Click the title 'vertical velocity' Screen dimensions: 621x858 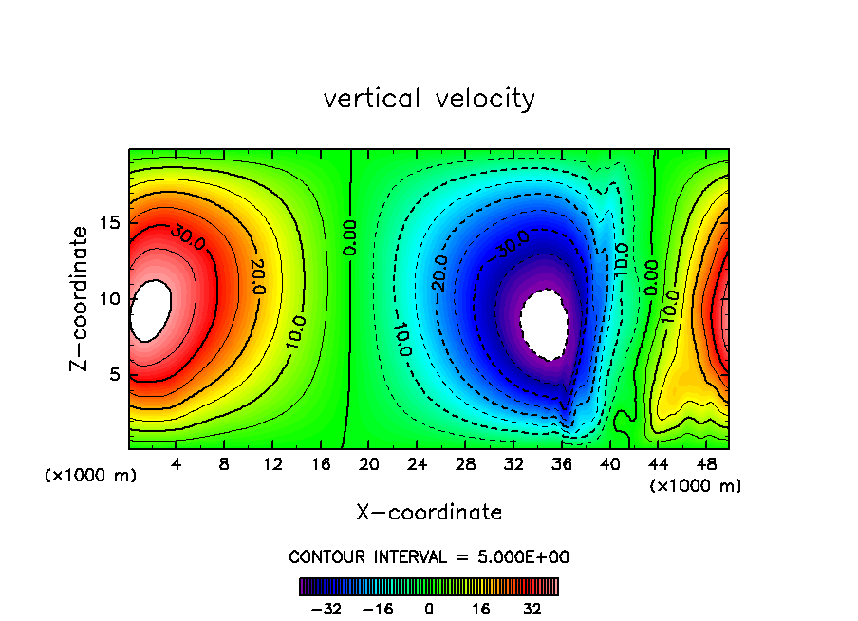[429, 99]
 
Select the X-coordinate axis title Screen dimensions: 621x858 [429, 513]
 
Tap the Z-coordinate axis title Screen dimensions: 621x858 [83, 298]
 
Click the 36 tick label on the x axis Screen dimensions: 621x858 [562, 464]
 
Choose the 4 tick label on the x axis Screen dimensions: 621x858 [177, 464]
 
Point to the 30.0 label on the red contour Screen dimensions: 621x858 [188, 237]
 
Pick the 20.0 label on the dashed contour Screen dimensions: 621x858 [439, 273]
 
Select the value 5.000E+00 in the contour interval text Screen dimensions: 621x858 [523, 556]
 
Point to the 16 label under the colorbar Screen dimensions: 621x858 [481, 609]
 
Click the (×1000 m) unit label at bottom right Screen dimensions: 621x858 [695, 486]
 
